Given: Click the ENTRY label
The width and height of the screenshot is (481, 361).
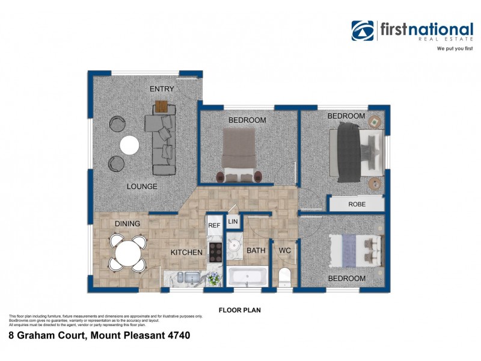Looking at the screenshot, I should pos(162,89).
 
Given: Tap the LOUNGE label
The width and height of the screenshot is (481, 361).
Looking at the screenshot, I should pos(142,187).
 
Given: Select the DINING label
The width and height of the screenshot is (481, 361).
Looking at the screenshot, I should pos(127,224).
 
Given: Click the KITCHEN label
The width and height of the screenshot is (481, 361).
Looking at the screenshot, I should pos(186,252).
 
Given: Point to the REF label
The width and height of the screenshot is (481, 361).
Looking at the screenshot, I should pos(214,226).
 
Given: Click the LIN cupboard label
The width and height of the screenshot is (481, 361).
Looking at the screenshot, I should pos(233,223).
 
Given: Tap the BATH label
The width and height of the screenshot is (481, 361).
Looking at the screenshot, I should pos(256,250).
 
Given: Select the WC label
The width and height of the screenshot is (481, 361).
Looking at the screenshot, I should pos(284,250).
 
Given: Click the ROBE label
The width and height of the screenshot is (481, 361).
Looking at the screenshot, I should pos(357,205).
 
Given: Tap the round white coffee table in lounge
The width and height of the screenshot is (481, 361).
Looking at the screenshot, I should pos(129,145).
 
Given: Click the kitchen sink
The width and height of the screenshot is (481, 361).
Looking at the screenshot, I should pos(191,277).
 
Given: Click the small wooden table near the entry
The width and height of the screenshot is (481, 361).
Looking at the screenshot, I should pos(162,106).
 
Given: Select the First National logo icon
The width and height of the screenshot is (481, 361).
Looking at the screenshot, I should pos(363,31).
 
